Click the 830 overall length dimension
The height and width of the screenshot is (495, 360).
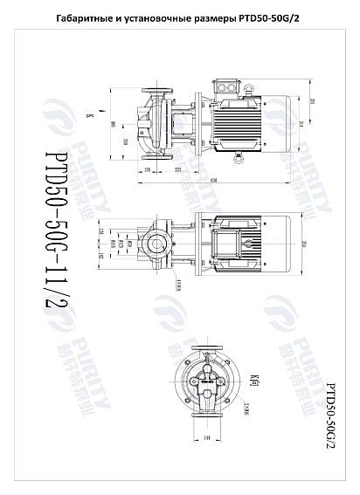coord(214,181)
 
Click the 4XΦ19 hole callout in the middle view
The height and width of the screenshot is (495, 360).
coord(178,284)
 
